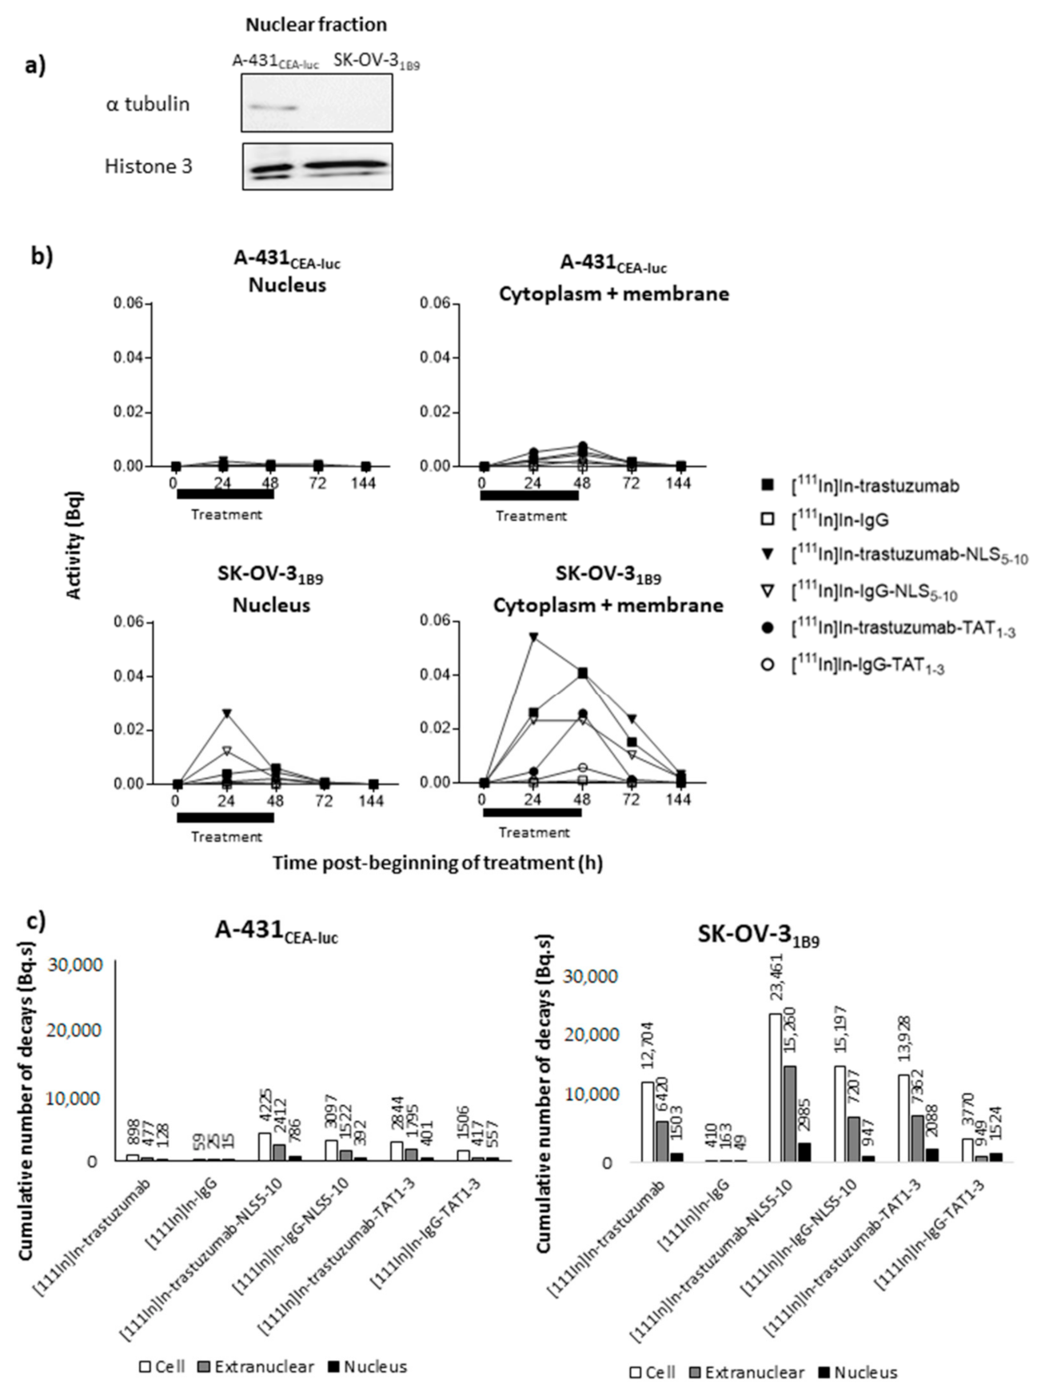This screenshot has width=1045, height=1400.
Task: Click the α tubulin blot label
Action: (x=147, y=104)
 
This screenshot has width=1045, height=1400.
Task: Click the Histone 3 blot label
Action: (x=148, y=166)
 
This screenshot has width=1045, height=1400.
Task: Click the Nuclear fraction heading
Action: (x=316, y=25)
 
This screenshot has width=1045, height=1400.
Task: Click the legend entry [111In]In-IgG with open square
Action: (x=839, y=521)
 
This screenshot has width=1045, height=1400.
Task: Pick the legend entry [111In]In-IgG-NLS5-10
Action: (x=873, y=592)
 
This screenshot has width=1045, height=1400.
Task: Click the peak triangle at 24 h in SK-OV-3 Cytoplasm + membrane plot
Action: (x=533, y=636)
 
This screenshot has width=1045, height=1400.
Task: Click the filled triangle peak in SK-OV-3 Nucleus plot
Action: (x=227, y=712)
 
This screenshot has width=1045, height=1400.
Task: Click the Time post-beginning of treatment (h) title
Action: (x=437, y=863)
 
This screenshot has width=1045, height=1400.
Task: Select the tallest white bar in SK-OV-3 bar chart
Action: (x=775, y=1087)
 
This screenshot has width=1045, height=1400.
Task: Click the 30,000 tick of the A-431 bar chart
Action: (x=76, y=964)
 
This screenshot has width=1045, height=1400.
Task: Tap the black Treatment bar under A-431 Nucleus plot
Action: (x=225, y=494)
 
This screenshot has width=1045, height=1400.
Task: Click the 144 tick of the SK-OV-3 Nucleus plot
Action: (x=372, y=801)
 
